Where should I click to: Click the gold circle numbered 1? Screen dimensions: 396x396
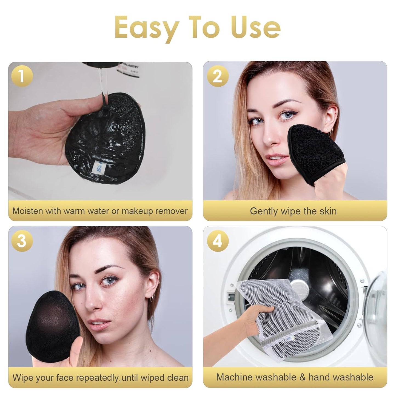(x=22, y=76)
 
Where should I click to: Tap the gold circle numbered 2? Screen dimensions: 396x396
(x=218, y=76)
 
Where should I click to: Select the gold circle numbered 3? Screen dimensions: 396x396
(x=22, y=241)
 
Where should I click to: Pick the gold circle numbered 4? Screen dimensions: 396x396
(x=218, y=241)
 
